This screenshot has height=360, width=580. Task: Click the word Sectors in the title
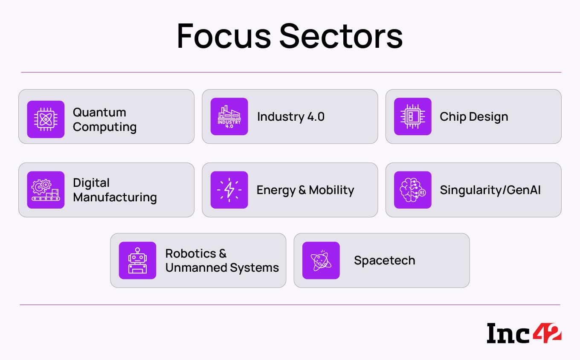(341, 36)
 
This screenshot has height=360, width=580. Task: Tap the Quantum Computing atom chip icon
(46, 119)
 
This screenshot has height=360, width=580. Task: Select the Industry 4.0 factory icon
(229, 116)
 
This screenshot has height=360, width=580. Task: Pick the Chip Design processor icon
(412, 116)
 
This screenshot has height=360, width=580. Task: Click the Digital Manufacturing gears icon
(46, 190)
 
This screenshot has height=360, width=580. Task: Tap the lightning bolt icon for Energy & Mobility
(229, 190)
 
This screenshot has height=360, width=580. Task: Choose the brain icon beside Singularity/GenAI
(412, 190)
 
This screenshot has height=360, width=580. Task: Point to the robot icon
(137, 260)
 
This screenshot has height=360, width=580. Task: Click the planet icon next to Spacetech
(321, 260)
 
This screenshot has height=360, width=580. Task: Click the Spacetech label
(384, 260)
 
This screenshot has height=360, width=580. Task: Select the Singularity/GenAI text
(490, 190)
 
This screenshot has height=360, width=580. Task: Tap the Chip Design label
(474, 116)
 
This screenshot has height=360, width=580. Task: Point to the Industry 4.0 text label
(290, 116)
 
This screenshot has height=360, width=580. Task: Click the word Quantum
(99, 112)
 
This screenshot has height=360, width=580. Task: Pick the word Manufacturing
(115, 197)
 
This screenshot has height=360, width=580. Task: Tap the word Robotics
(190, 253)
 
